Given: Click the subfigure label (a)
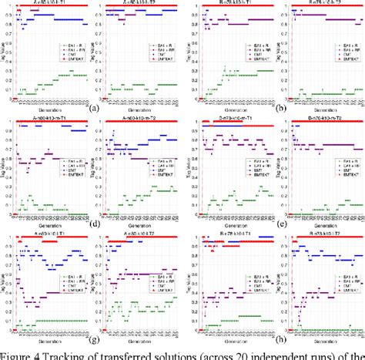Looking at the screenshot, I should click(93, 109).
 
